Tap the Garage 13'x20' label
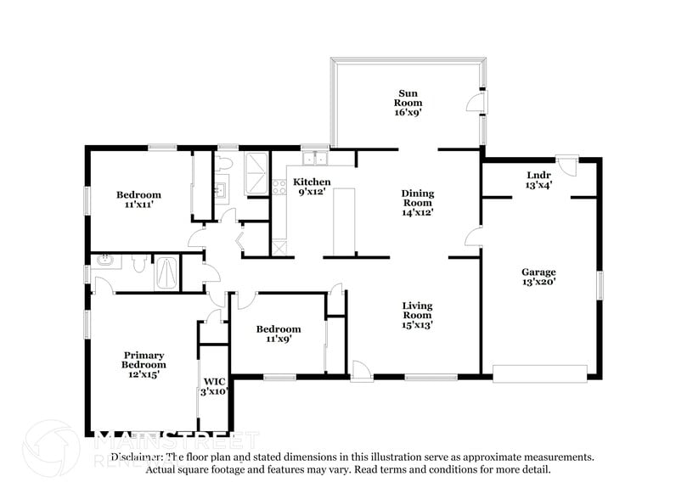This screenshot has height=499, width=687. click(x=538, y=278)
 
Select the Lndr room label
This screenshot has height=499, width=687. click(x=538, y=180)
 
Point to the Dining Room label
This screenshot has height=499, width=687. click(x=418, y=203)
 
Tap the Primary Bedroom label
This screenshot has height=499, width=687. click(x=143, y=365)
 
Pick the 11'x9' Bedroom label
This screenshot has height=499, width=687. click(x=278, y=334)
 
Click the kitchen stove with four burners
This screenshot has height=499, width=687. click(x=279, y=187)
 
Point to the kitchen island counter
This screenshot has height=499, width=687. click(x=343, y=222)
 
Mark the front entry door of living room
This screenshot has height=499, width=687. click(x=361, y=370)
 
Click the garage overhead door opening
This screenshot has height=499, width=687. click(x=539, y=373)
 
